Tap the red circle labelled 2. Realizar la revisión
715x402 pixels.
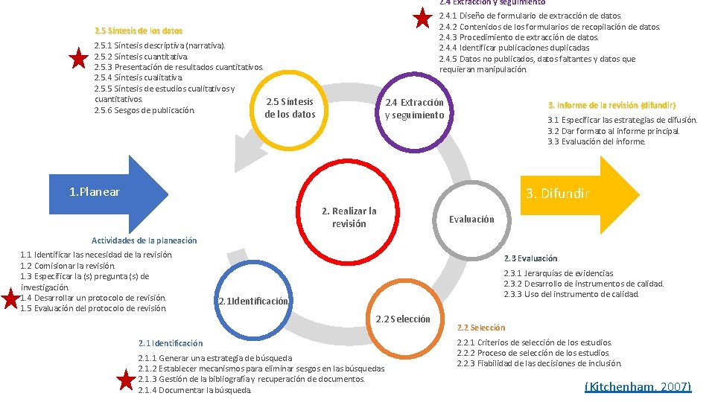[349, 217]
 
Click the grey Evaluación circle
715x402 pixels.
[471, 219]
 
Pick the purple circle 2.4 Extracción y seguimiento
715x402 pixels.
[414, 109]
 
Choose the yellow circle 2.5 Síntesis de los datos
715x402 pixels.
[290, 108]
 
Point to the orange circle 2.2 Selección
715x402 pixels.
[402, 319]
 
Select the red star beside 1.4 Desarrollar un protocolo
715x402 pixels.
[10, 299]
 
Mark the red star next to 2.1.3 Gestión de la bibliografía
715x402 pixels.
[127, 380]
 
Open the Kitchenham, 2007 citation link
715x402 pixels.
[638, 386]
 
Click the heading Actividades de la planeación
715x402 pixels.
[144, 240]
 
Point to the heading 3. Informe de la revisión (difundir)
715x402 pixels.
[611, 105]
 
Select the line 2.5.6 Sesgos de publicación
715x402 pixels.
[144, 110]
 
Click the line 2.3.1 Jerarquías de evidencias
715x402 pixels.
[559, 273]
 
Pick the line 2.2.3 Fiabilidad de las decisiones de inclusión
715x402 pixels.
[538, 363]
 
